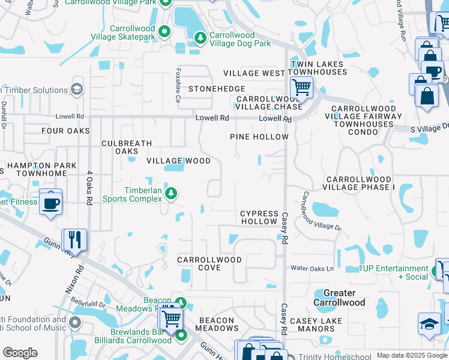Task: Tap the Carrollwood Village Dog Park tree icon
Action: point(200,38)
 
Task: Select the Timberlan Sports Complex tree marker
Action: point(172,193)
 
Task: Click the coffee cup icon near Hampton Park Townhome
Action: point(50,202)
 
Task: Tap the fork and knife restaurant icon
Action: point(75,239)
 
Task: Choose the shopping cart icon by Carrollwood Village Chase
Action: point(301,87)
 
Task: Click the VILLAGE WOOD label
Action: point(179,161)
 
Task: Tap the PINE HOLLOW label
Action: point(259,137)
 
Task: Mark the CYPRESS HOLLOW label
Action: point(259,217)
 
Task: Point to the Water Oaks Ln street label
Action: point(312,268)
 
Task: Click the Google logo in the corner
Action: point(20,353)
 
